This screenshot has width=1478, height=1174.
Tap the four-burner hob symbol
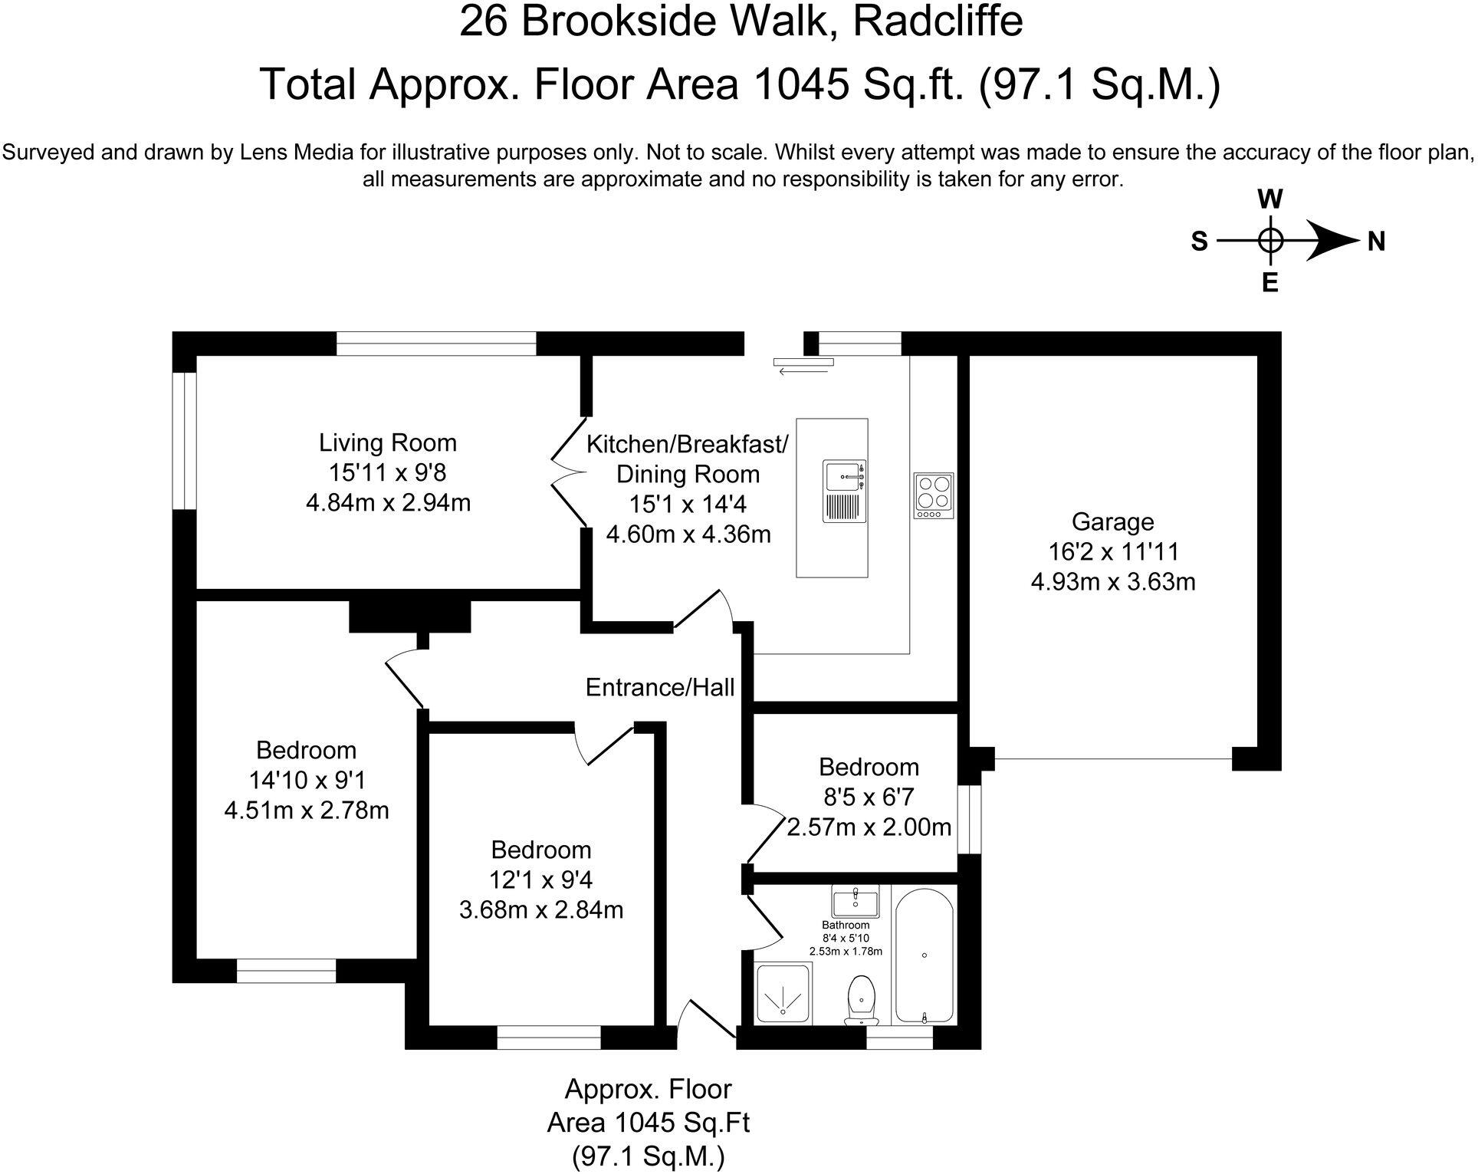click(934, 495)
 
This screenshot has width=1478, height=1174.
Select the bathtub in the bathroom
click(924, 955)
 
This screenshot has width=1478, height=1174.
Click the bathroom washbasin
click(855, 902)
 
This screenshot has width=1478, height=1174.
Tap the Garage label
click(1112, 522)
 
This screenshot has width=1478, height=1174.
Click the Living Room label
click(387, 442)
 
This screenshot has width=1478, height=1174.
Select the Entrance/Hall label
click(659, 687)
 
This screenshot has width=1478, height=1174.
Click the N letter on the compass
click(1377, 242)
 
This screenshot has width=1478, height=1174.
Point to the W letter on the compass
click(1270, 200)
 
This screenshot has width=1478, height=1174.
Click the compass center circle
click(1270, 242)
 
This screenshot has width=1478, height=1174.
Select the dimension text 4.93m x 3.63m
click(1112, 582)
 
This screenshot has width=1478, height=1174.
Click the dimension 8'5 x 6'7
click(869, 797)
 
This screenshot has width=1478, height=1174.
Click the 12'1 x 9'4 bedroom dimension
click(540, 880)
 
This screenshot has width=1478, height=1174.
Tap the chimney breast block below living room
click(409, 617)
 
